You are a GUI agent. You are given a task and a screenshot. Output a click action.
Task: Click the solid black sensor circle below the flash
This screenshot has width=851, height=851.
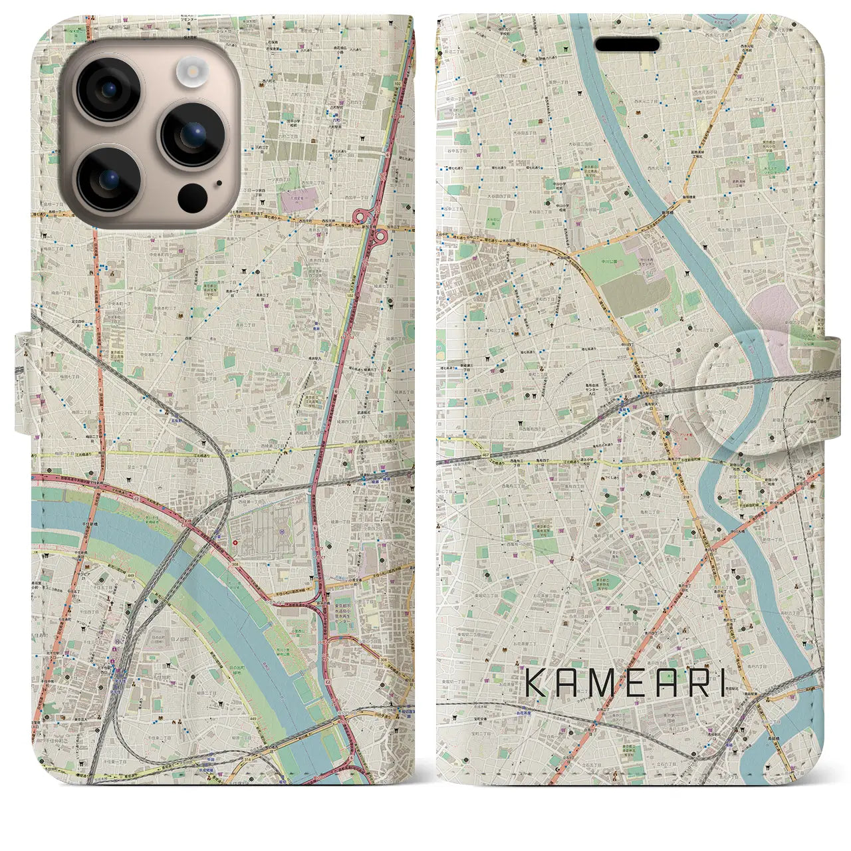click(192, 197)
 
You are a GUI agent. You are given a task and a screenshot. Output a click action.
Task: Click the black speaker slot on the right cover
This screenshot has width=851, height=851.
click(627, 45)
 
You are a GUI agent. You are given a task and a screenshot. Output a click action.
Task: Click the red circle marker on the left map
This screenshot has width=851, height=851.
click(235, 542)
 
